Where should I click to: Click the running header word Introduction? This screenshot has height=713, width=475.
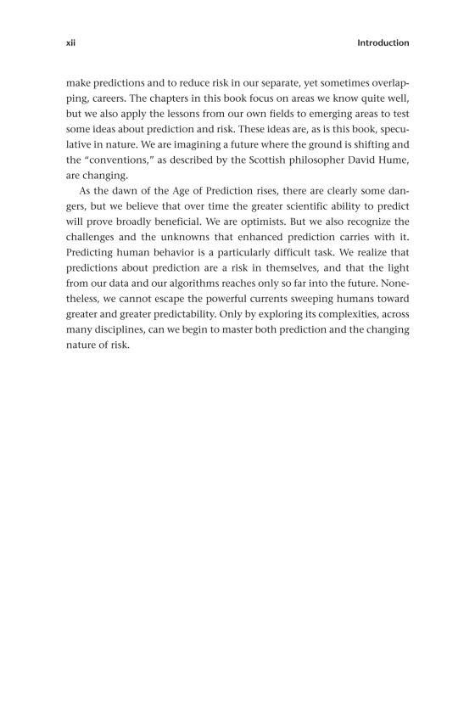tap(383, 42)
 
